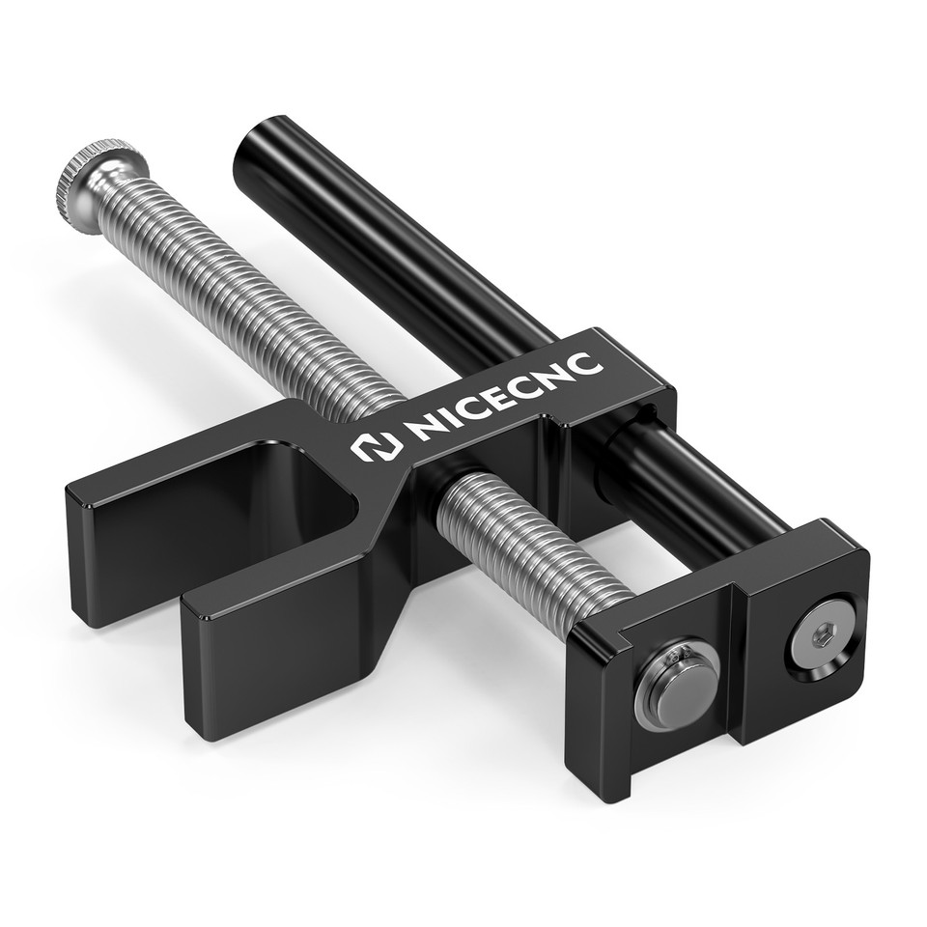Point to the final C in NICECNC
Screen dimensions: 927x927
coord(587,361)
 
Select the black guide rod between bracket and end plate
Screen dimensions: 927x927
coord(705,483)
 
